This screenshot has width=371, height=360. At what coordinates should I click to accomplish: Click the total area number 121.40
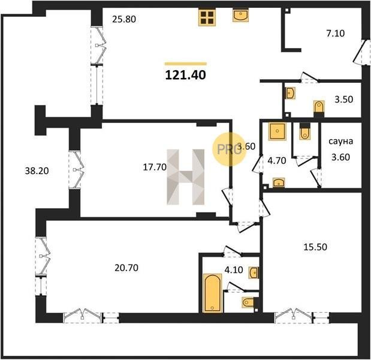coord(186,75)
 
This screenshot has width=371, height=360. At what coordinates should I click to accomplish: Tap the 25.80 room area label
coord(124,19)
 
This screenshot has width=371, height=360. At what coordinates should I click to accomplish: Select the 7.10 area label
coord(336,34)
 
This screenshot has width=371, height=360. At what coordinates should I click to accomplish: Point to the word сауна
coord(340,141)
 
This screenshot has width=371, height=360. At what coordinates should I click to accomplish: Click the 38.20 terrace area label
coord(37,170)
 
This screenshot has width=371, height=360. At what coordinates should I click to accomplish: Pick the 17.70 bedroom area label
coord(155,167)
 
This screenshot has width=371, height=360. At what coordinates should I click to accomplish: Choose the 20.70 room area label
coord(126,268)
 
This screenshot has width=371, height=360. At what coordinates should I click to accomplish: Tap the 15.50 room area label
coord(315,247)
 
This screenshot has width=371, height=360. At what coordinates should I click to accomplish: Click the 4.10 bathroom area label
coord(234,270)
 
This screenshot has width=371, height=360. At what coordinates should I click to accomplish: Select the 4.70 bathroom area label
coord(277,161)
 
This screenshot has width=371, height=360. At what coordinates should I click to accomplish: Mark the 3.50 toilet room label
coord(344,99)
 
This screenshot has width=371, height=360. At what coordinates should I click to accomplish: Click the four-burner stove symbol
coord(207,17)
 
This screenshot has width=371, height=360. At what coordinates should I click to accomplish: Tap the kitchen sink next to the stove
coord(240,15)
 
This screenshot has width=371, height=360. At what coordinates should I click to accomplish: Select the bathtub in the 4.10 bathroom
coord(212,293)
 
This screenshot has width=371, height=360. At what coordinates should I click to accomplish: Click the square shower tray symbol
coord(277,131)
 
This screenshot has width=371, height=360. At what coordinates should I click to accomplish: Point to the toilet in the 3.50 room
coord(319,108)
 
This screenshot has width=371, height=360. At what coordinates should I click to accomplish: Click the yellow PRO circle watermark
coord(229,149)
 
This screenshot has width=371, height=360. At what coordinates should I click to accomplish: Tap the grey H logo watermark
coord(186,177)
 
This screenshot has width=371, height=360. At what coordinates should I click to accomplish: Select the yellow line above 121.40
coord(186,64)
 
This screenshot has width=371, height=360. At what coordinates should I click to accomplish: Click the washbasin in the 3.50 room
coord(290,93)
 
